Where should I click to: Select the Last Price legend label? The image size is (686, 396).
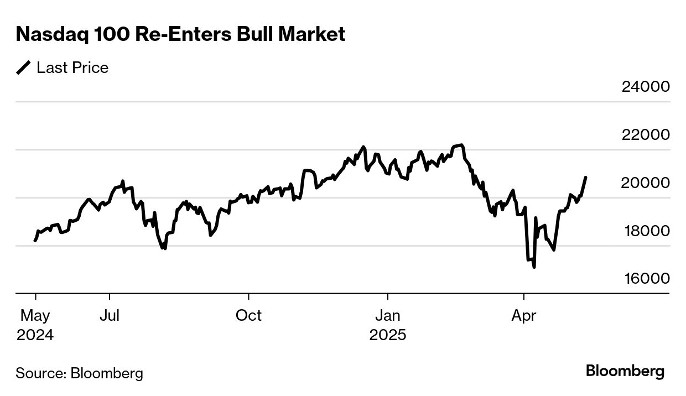(72, 67)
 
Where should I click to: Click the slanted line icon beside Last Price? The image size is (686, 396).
(24, 67)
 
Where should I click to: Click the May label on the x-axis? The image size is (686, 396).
(35, 316)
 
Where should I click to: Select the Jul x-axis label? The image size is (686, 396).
(110, 316)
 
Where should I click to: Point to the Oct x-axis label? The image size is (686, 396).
(248, 316)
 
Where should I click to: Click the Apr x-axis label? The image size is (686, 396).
(523, 316)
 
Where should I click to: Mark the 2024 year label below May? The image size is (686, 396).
(35, 335)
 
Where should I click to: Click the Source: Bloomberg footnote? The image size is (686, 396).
(79, 373)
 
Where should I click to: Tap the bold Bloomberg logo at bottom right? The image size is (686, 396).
(625, 371)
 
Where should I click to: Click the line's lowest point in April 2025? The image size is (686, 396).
(534, 267)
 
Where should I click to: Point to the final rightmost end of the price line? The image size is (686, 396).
(586, 178)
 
